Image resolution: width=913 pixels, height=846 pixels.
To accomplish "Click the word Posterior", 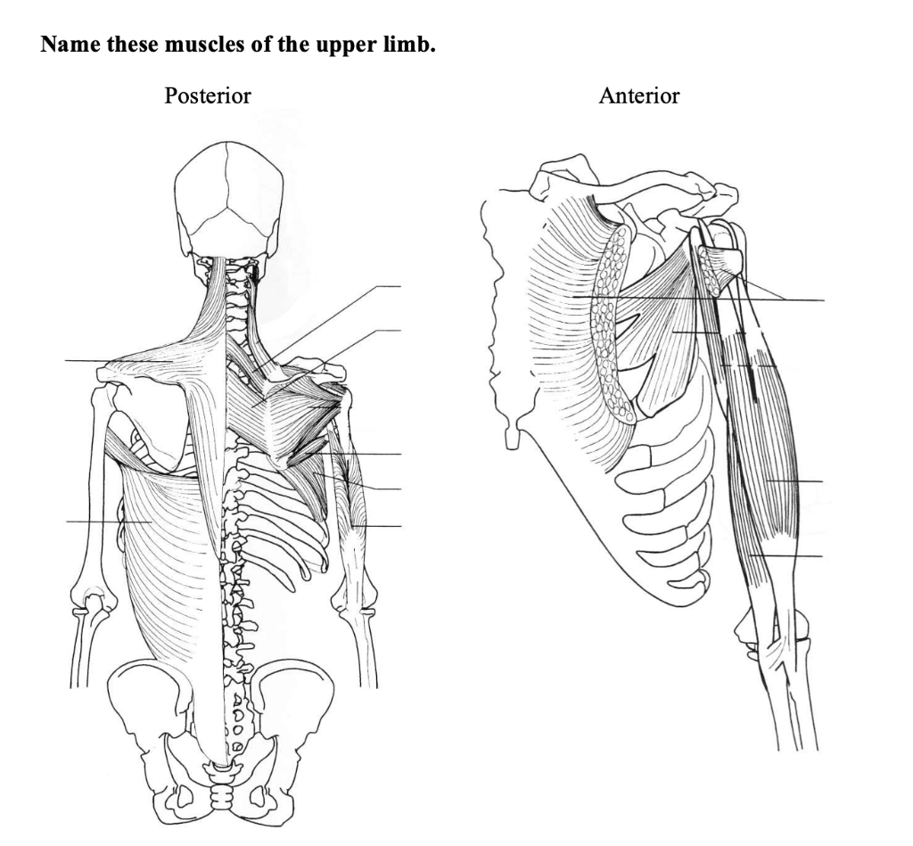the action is pyautogui.click(x=208, y=95).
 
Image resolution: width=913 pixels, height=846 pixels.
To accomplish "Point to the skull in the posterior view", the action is pyautogui.click(x=229, y=196).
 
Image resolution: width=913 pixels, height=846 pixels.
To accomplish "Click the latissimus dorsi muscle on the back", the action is pyautogui.click(x=165, y=535).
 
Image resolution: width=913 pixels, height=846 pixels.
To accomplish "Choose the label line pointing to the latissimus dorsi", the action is pyautogui.click(x=94, y=522).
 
